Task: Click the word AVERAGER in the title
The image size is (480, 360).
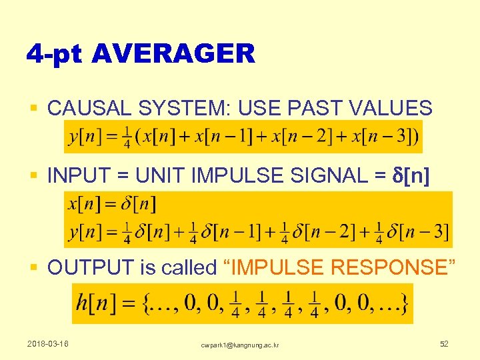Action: [x=174, y=54]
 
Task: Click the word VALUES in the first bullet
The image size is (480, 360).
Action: [x=397, y=107]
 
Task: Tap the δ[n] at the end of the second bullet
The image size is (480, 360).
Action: [x=410, y=177]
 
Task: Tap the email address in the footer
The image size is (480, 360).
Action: [x=241, y=345]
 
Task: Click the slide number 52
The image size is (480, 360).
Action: [x=444, y=344]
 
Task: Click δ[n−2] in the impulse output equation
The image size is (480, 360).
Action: [x=323, y=232]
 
